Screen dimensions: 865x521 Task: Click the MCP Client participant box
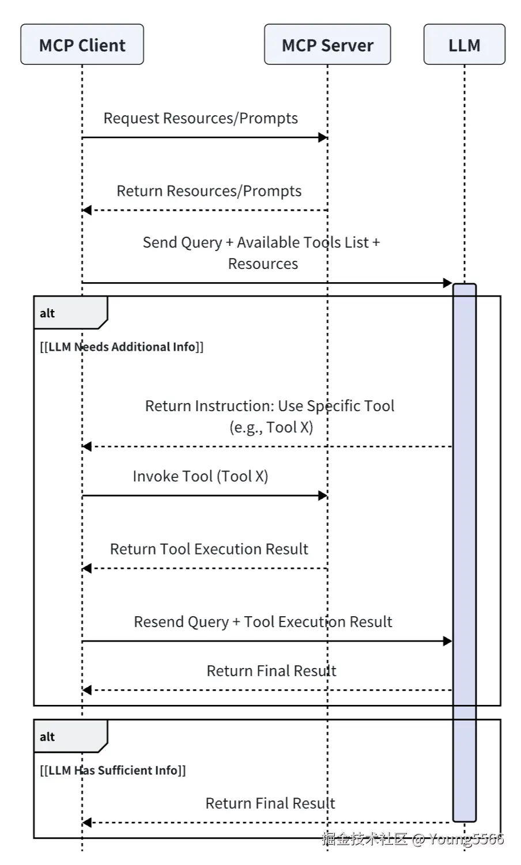(82, 45)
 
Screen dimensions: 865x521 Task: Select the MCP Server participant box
(327, 45)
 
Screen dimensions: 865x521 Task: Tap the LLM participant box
(464, 45)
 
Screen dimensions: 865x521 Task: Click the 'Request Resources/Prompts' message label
(201, 118)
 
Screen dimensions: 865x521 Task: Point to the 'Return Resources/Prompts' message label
(209, 191)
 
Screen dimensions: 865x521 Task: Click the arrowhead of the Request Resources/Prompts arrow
(323, 138)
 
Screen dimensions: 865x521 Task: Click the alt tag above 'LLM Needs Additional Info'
(47, 313)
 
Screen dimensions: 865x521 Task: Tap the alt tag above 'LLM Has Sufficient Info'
(47, 737)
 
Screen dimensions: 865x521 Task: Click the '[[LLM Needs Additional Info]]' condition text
(122, 347)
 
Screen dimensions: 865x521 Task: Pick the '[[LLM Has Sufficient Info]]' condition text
(113, 771)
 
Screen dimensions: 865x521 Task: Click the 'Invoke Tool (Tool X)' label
(200, 476)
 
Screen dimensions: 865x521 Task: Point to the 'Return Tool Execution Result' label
(209, 549)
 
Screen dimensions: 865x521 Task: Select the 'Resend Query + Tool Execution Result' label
(263, 622)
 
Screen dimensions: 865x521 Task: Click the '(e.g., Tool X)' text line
(271, 427)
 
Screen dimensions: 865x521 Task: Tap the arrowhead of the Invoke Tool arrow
(323, 495)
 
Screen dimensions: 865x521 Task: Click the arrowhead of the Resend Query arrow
(447, 641)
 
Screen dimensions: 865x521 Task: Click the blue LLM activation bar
(465, 553)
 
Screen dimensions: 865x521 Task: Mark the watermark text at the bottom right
(413, 839)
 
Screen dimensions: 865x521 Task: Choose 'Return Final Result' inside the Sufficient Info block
(270, 803)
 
